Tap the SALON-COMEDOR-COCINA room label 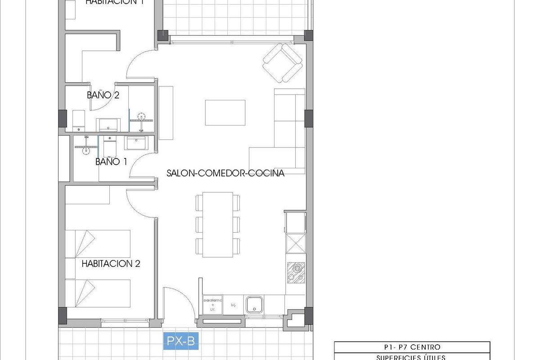[x=225, y=173]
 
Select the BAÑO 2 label [x=103, y=95]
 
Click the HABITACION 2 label [x=111, y=264]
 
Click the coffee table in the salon [x=225, y=112]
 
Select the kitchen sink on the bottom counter [x=254, y=304]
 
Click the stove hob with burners [x=296, y=272]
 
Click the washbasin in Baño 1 [x=135, y=143]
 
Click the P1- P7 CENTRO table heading [x=412, y=347]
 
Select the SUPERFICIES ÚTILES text [x=412, y=357]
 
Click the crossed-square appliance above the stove [x=296, y=244]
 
